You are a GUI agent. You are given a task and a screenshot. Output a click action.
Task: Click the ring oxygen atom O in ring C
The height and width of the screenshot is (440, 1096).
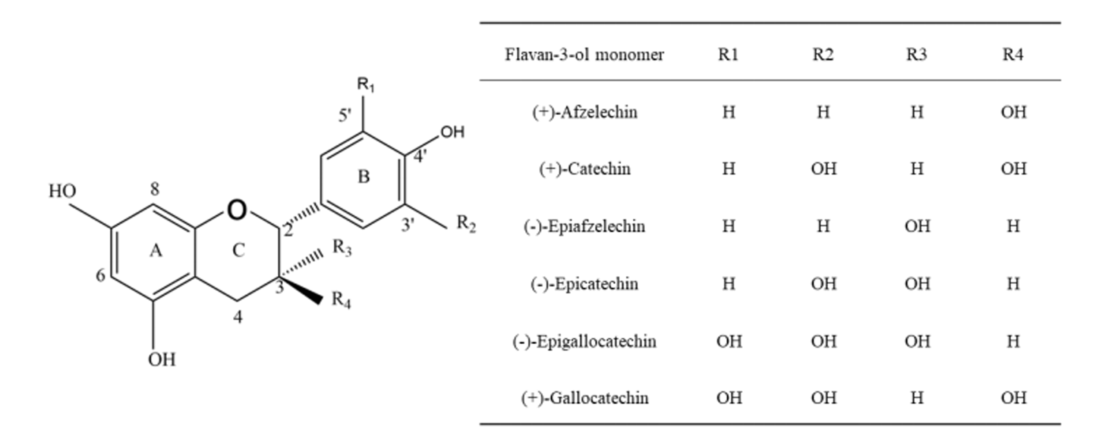[237, 210]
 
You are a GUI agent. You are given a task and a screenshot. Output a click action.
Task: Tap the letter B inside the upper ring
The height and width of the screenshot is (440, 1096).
[363, 177]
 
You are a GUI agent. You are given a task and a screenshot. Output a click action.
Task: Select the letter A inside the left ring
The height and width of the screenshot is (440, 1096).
[156, 251]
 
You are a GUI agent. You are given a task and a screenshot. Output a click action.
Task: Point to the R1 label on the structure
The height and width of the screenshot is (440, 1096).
[366, 85]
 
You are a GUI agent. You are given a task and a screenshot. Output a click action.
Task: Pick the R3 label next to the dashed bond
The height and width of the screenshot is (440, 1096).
[342, 247]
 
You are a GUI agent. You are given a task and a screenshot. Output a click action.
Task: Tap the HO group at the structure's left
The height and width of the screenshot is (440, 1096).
[62, 191]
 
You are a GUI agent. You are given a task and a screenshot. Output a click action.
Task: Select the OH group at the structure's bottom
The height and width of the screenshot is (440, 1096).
[162, 360]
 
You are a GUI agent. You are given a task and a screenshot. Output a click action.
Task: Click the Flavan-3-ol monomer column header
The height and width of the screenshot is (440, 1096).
[584, 54]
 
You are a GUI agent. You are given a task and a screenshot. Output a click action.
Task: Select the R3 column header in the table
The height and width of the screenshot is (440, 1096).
[916, 54]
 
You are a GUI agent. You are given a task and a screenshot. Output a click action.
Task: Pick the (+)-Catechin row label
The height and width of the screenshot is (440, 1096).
[585, 169]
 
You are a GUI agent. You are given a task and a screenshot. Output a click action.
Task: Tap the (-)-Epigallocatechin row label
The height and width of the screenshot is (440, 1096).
[584, 341]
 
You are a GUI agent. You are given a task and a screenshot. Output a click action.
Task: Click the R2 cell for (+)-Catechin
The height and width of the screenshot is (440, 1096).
[823, 169]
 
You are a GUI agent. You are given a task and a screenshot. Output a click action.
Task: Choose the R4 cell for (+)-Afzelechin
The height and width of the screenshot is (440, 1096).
[1014, 112]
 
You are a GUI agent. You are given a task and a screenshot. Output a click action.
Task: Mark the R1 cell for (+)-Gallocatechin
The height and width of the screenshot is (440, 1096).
[729, 398]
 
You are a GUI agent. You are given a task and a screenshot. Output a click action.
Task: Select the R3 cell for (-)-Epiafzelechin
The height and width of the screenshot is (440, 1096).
[917, 226]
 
